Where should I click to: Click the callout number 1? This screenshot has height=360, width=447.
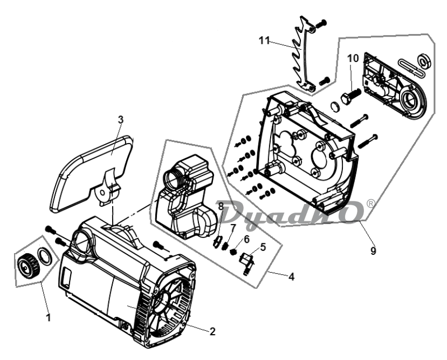49,317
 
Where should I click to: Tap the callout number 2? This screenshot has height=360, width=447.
212,331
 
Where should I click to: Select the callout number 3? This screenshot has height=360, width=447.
121,120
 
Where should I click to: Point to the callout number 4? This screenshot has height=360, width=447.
291,276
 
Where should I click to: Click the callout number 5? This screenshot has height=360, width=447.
263,247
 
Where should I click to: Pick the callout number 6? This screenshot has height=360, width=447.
246,239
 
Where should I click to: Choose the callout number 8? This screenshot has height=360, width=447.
221,206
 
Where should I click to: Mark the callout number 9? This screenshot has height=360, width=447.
373,250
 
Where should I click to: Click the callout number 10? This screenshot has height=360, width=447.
353,58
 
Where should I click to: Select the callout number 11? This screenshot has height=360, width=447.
264,40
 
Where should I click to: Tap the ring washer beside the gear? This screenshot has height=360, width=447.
45,256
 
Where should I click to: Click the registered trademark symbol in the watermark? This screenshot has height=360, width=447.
370,203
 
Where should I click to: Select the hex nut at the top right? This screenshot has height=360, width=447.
424,60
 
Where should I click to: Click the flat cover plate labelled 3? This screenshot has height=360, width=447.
92,174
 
